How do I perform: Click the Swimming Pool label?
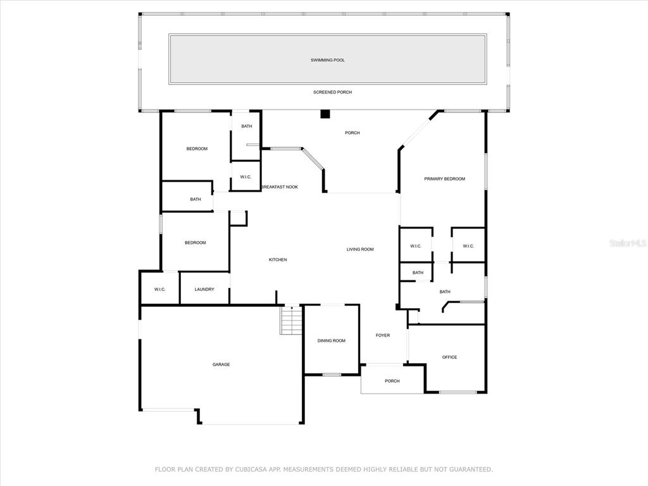[328, 60]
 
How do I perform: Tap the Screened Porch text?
[333, 92]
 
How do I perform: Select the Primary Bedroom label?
[445, 179]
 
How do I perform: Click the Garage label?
[221, 364]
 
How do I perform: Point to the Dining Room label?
[332, 341]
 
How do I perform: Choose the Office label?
[450, 358]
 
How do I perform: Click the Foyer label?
[383, 335]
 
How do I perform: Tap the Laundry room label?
[204, 289]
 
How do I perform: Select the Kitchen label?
[278, 260]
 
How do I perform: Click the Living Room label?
[360, 249]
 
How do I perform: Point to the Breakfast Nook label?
[280, 187]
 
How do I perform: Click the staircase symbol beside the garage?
[291, 320]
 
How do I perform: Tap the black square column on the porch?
[325, 114]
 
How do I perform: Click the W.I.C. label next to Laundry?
[160, 289]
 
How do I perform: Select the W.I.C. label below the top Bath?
[246, 177]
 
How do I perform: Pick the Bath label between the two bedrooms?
[196, 199]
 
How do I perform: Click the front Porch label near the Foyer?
[392, 382]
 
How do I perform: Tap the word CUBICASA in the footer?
[253, 470]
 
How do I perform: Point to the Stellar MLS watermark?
[628, 243]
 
